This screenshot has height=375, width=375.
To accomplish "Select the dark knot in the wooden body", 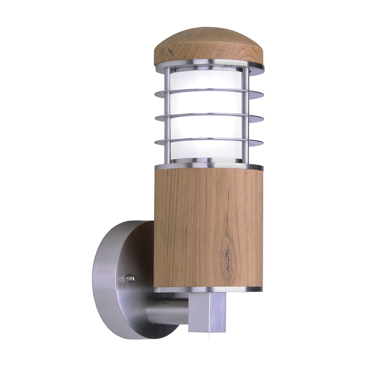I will click(227, 259).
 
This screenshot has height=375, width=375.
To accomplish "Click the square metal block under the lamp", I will click(207, 312).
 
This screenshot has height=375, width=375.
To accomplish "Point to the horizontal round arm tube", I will click(167, 311).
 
